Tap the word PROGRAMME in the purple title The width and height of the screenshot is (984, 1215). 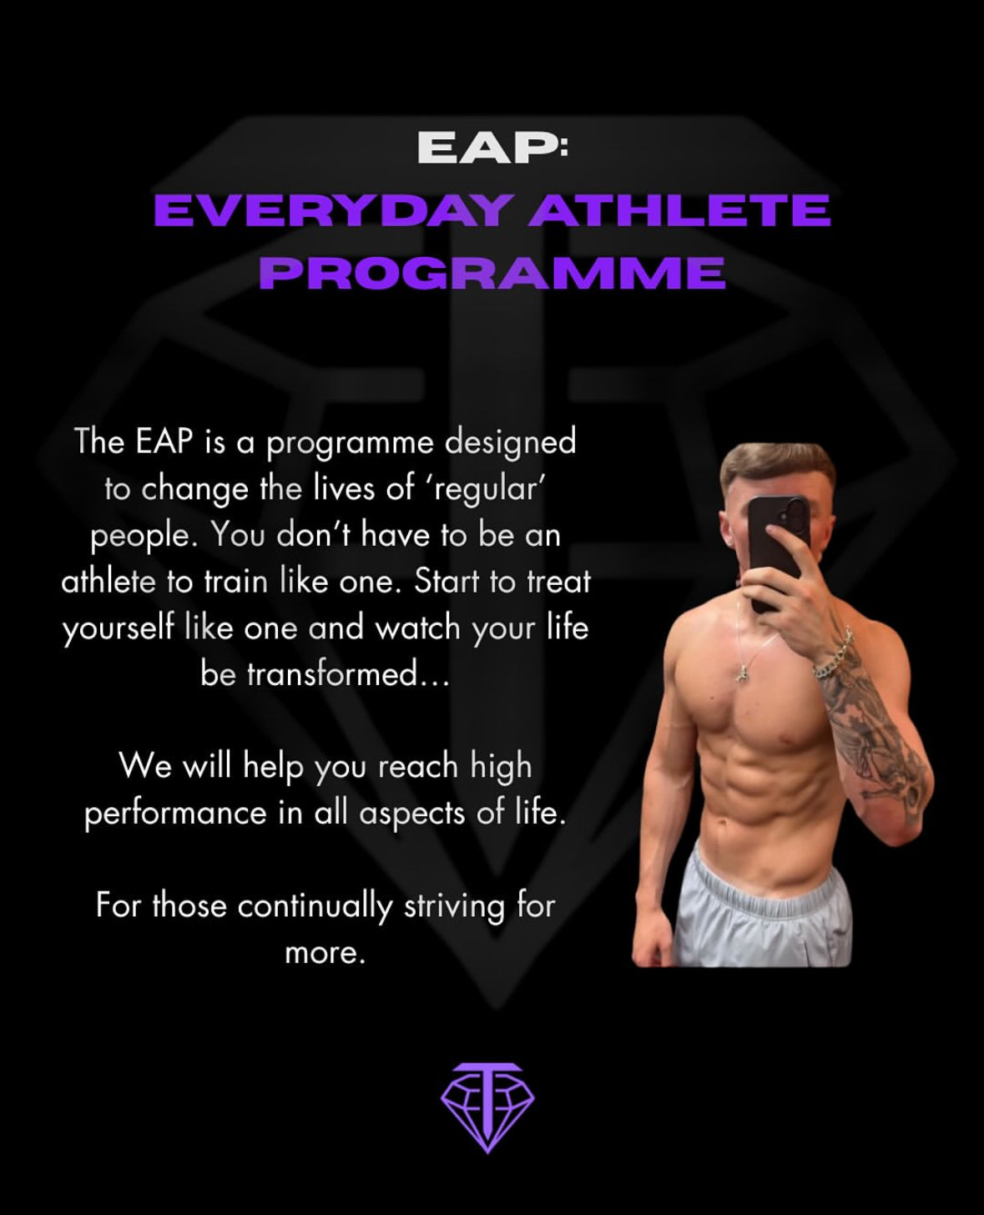point(492,272)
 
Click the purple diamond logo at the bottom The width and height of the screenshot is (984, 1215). point(487,1107)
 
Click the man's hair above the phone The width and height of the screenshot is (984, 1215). point(776,464)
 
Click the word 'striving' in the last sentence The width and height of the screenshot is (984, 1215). point(454,905)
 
